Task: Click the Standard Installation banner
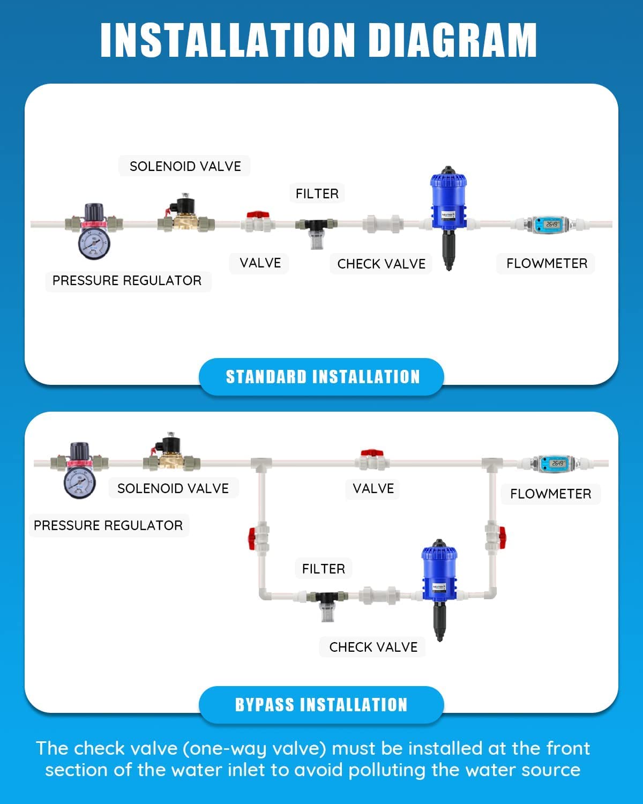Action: pyautogui.click(x=322, y=377)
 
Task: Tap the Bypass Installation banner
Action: pyautogui.click(x=322, y=704)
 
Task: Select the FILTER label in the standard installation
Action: pyautogui.click(x=317, y=193)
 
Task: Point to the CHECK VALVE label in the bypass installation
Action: pyautogui.click(x=373, y=647)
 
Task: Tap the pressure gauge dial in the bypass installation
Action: pyautogui.click(x=79, y=482)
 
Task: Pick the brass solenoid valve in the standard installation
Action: pyautogui.click(x=185, y=217)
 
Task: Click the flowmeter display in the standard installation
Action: pyautogui.click(x=552, y=224)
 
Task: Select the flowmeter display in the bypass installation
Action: pyautogui.click(x=557, y=463)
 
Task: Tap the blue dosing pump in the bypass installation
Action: pyautogui.click(x=439, y=571)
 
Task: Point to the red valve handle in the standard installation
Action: pyautogui.click(x=257, y=215)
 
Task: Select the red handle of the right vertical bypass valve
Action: pyautogui.click(x=502, y=537)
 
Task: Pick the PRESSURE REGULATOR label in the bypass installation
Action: pyautogui.click(x=108, y=525)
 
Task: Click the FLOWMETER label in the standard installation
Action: pyautogui.click(x=547, y=263)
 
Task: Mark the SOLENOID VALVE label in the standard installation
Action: pyautogui.click(x=185, y=166)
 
